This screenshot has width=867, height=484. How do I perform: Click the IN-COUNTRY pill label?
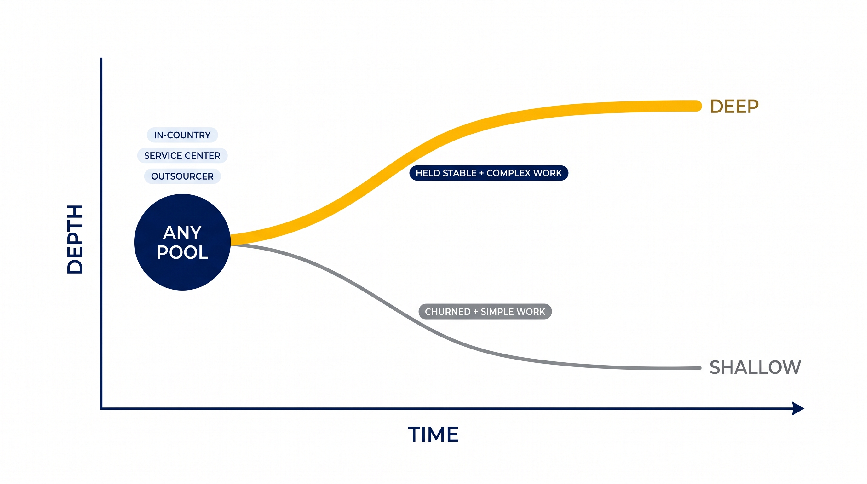click(182, 135)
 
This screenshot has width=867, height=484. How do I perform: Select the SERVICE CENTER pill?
click(182, 155)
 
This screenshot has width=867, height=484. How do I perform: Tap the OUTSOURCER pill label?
click(182, 176)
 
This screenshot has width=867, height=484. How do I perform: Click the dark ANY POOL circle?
click(182, 242)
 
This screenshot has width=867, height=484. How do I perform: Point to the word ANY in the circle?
click(182, 232)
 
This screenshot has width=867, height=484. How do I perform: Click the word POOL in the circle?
click(182, 252)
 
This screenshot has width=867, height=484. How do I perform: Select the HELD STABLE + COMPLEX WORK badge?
click(489, 173)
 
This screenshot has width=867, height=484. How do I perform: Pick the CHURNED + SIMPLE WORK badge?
click(485, 311)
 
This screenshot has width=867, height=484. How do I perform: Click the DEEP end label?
click(734, 107)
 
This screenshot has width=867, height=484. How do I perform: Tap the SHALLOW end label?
click(755, 367)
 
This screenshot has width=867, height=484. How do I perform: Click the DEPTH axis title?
click(75, 239)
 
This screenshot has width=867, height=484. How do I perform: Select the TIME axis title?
click(433, 434)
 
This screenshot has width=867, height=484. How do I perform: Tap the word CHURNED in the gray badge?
click(448, 312)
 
